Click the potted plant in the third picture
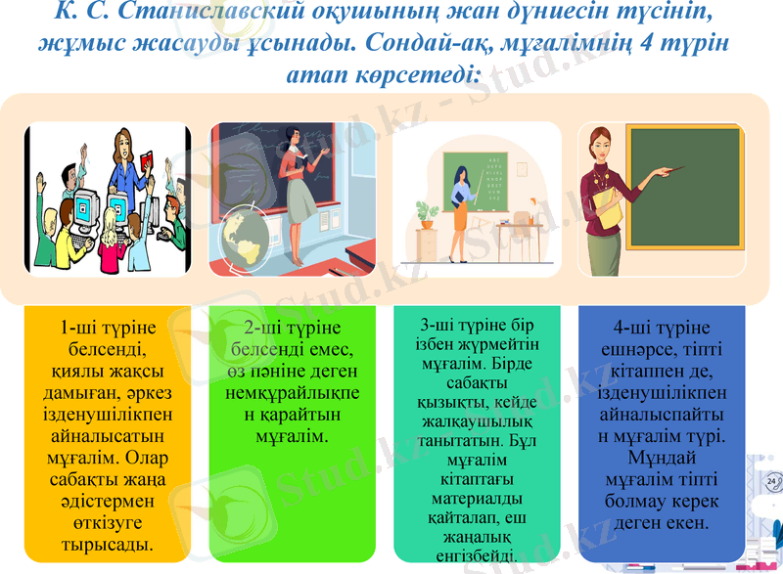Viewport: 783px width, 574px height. tap(427, 214)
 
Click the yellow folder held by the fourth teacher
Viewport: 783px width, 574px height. tap(609, 209)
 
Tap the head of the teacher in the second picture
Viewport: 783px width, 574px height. tap(292, 136)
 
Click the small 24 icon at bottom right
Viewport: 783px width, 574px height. tap(774, 482)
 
